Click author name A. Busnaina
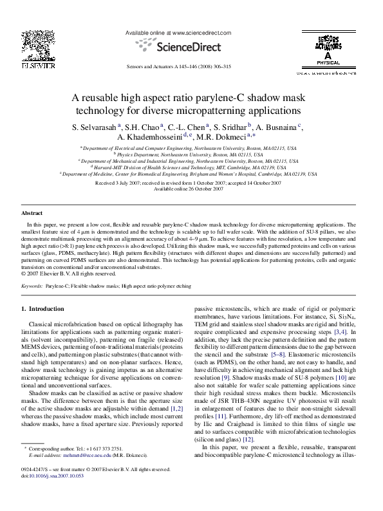point(276,127)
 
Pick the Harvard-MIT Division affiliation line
point(191,167)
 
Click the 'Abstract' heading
point(32,212)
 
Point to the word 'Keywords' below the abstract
point(33,284)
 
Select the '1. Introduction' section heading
point(43,309)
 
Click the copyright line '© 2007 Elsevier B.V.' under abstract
point(60,273)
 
